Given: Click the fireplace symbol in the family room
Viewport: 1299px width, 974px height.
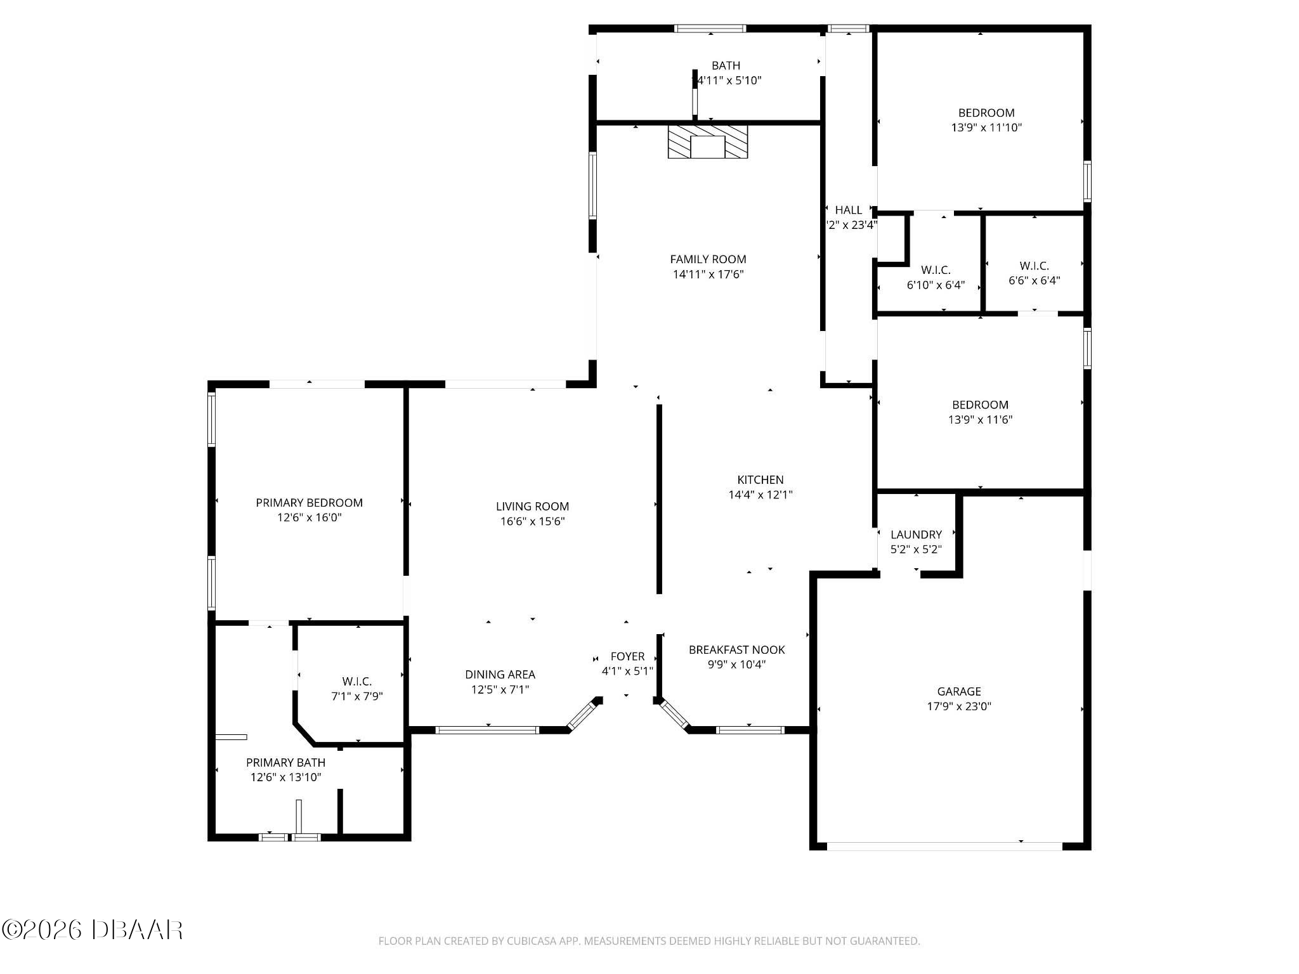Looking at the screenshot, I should (707, 142).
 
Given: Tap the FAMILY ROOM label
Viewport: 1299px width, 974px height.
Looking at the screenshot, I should (708, 259).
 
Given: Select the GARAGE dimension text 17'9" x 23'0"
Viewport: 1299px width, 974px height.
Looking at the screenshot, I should (958, 706).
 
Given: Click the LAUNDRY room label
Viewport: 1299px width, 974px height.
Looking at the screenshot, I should (916, 534).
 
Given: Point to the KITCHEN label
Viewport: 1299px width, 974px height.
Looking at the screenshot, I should (760, 479).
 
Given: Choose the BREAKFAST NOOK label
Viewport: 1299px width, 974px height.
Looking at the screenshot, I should (736, 649).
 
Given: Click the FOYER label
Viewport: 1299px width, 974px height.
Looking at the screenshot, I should (627, 656).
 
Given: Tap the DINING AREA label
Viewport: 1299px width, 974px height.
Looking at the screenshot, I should (500, 674).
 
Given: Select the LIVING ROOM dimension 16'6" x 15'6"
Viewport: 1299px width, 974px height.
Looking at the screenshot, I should (532, 521).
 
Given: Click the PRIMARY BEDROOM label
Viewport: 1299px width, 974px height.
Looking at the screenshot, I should (309, 502).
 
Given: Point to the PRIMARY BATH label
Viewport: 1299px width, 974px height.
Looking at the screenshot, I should (285, 762).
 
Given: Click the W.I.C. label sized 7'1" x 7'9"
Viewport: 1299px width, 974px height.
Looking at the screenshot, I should (356, 681).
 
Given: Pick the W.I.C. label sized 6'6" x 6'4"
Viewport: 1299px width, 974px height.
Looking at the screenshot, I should (1034, 266).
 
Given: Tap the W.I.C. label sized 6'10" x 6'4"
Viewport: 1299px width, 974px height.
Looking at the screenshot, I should (936, 270).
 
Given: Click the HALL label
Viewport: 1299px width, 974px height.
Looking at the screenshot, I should (848, 210).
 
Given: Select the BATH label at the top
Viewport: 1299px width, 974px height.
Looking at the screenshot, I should (726, 65).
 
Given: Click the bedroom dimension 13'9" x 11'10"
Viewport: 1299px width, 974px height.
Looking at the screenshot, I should (986, 127).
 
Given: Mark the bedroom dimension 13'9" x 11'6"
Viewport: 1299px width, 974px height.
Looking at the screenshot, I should (979, 419).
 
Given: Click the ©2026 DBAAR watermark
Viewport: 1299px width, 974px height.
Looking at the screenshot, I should (93, 930).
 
